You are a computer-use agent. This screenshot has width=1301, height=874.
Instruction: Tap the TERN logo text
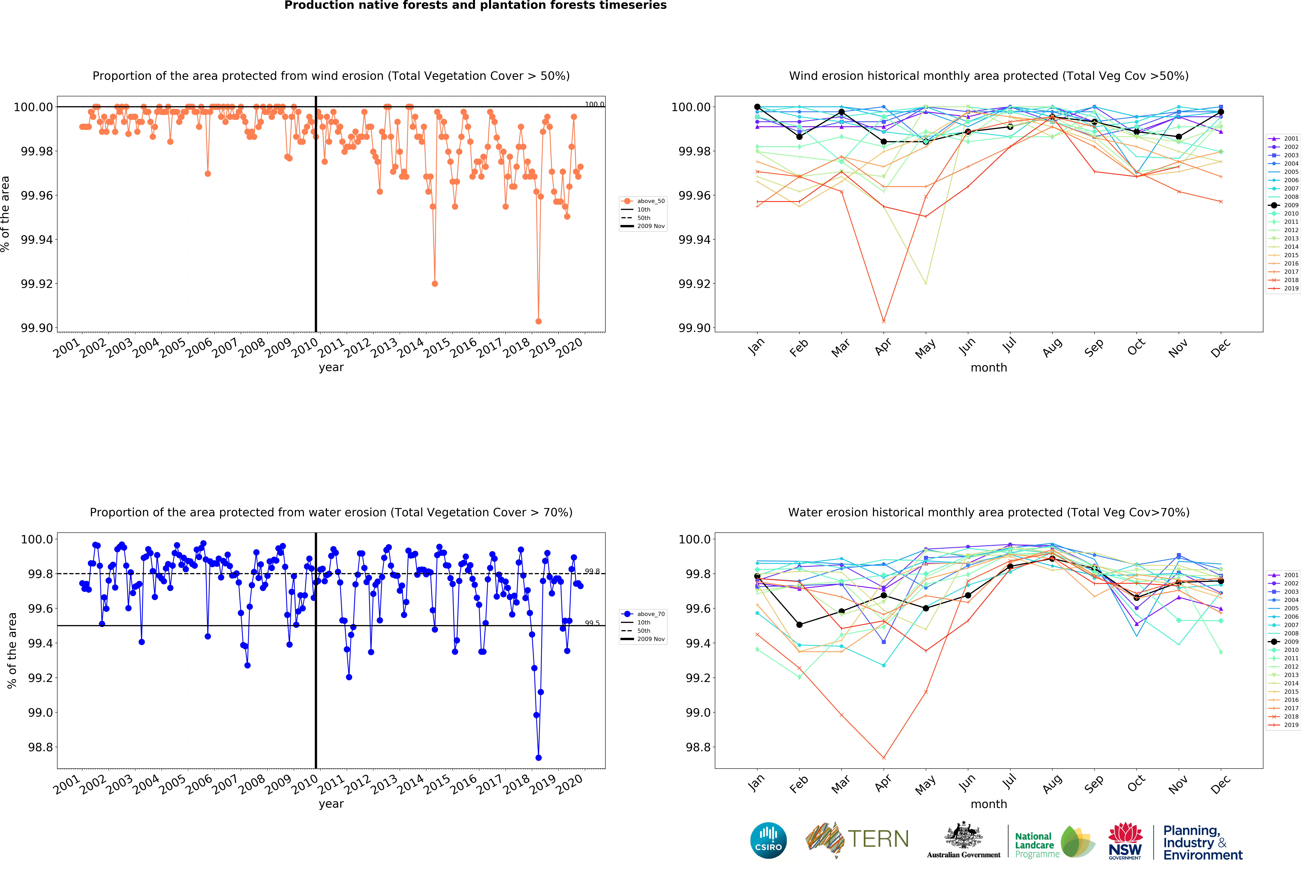878,839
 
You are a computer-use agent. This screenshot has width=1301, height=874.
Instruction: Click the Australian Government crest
963,836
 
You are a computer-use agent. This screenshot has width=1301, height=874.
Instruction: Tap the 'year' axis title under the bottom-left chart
331,804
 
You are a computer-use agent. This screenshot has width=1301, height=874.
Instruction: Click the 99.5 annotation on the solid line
592,623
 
